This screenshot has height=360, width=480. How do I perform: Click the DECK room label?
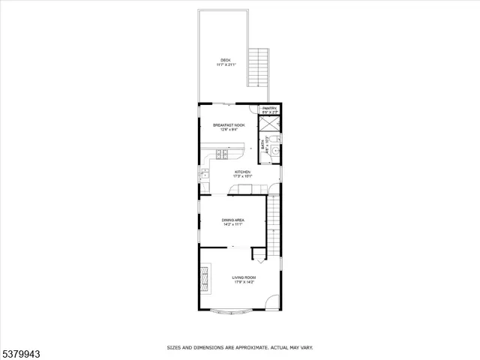[x=225, y=60]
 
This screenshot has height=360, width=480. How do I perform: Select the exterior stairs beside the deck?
[x=259, y=67]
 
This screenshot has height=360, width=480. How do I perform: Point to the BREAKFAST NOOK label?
[x=229, y=125]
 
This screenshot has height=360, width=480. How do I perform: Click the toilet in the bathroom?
[x=274, y=138]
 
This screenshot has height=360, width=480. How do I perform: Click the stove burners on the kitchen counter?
[x=223, y=154]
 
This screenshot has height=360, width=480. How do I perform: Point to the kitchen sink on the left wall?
[x=202, y=175]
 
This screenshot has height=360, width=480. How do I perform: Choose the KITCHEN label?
[x=242, y=172]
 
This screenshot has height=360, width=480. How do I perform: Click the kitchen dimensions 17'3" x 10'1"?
[x=242, y=177]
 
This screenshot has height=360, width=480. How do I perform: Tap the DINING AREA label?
[x=232, y=220]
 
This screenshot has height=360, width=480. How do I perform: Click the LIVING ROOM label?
[x=244, y=277]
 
